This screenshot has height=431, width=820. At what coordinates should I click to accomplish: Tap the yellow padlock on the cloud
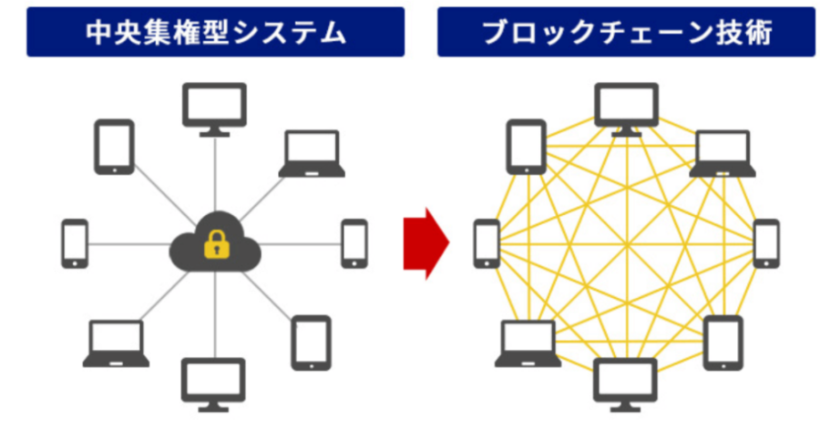pyautogui.click(x=215, y=243)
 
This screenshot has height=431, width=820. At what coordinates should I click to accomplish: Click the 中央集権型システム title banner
pyautogui.click(x=215, y=32)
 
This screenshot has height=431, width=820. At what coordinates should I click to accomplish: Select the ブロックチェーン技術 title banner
pyautogui.click(x=626, y=32)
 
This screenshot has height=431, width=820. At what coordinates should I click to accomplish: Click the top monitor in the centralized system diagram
pyautogui.click(x=214, y=108)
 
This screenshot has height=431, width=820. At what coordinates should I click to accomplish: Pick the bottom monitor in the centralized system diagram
pyautogui.click(x=214, y=383)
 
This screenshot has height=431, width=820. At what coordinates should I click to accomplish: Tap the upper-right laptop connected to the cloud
pyautogui.click(x=312, y=153)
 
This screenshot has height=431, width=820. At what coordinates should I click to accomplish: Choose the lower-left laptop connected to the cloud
pyautogui.click(x=117, y=343)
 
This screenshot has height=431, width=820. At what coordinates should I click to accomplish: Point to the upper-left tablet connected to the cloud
pyautogui.click(x=115, y=146)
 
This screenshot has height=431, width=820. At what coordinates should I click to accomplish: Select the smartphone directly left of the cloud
pyautogui.click(x=75, y=243)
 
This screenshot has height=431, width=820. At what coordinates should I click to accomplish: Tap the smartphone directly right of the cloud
pyautogui.click(x=354, y=243)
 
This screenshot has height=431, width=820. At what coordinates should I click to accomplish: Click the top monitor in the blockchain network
pyautogui.click(x=626, y=108)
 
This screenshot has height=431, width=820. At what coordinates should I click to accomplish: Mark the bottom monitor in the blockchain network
pyautogui.click(x=626, y=383)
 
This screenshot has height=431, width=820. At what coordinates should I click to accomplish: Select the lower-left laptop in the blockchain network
pyautogui.click(x=528, y=343)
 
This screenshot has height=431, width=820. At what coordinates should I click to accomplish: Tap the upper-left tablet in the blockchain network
pyautogui.click(x=527, y=146)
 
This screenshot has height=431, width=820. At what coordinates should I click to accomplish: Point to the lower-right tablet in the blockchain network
pyautogui.click(x=723, y=343)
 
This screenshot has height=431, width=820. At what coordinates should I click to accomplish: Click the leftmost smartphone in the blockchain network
pyautogui.click(x=487, y=243)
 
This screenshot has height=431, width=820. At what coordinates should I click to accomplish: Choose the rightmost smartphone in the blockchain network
pyautogui.click(x=766, y=243)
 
